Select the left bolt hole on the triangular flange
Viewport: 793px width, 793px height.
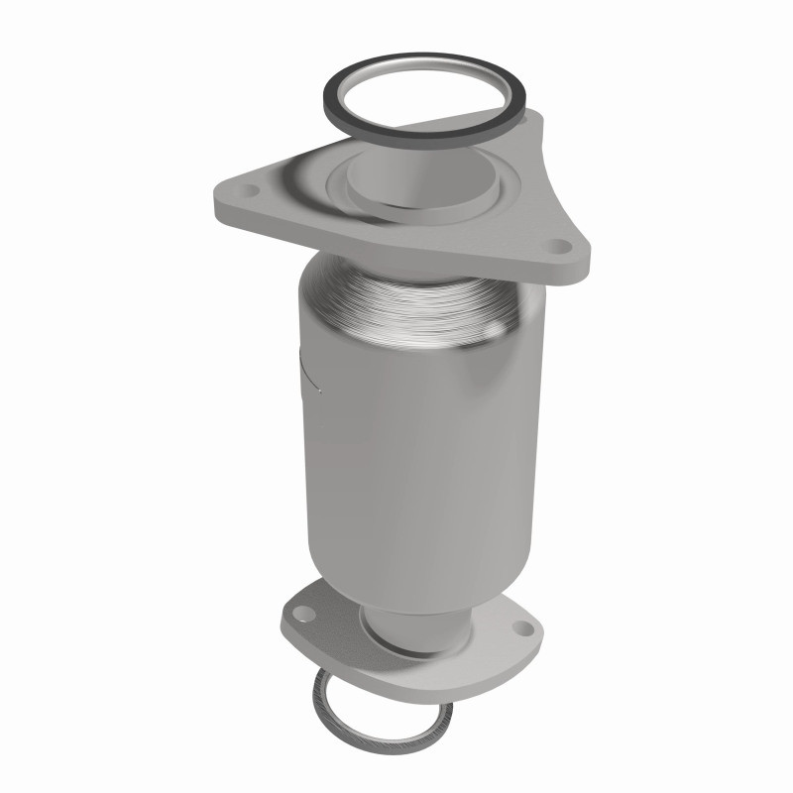click(249, 188)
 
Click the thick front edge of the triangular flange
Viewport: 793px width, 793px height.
click(396, 247)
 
